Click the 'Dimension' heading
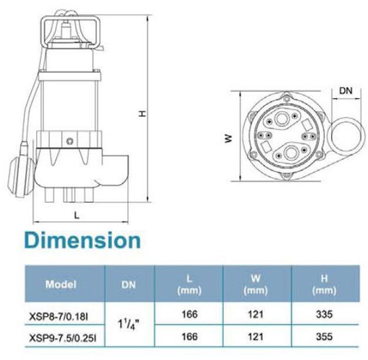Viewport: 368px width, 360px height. [x=82, y=240]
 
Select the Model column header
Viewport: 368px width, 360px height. [x=61, y=284]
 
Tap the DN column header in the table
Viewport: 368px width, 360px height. [x=129, y=284]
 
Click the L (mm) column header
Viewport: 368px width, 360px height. [x=189, y=284]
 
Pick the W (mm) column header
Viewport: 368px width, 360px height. [x=256, y=284]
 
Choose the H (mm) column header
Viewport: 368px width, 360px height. [x=324, y=284]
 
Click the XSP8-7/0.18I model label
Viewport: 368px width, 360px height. [x=59, y=317]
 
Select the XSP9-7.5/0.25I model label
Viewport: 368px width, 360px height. [x=63, y=338]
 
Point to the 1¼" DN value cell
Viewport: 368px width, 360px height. [x=128, y=325]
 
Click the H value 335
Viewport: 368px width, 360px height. [x=324, y=315]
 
